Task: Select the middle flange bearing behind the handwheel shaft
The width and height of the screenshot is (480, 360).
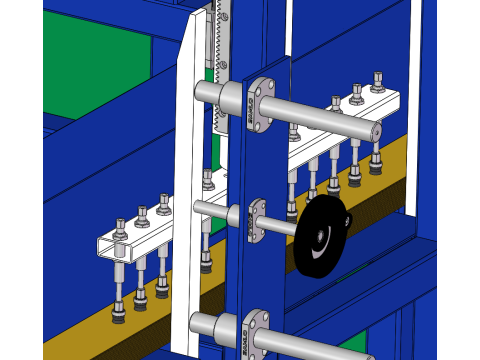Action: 258,217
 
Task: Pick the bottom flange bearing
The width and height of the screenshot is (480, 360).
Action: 257,331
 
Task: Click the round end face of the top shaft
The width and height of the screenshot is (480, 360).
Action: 376,131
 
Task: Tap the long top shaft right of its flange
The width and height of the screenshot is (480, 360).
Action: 320,118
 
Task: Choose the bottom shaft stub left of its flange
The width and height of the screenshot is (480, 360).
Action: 210,325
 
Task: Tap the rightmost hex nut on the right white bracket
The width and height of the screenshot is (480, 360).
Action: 378,80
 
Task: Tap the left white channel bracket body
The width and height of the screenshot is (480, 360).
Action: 140,241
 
